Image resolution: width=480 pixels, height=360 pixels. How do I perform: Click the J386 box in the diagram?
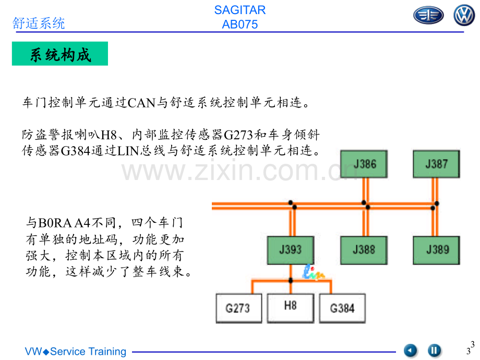[364, 164]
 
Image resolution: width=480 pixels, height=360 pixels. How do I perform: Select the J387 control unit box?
[436, 164]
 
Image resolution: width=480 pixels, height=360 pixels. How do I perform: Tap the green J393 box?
[291, 250]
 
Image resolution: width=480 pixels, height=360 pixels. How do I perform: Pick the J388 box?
[364, 250]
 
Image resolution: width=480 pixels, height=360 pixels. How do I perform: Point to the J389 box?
[436, 250]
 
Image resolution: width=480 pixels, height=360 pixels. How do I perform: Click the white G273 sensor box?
[239, 308]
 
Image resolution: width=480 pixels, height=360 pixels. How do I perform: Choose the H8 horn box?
[291, 308]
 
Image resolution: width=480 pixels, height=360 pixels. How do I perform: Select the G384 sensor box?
[342, 308]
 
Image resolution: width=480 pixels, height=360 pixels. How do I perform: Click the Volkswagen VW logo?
[464, 15]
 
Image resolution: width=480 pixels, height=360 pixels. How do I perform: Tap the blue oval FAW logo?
[428, 15]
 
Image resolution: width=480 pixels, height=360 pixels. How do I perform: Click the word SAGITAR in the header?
[239, 10]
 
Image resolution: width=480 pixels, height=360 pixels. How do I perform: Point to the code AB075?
[239, 25]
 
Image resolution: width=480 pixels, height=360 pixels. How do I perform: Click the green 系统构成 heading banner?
[60, 54]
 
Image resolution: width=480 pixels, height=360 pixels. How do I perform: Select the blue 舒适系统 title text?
[39, 23]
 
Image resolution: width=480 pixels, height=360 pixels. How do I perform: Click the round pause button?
[434, 350]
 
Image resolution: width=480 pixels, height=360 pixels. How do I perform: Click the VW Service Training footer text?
[76, 352]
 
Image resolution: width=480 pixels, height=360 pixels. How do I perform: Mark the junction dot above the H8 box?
[291, 280]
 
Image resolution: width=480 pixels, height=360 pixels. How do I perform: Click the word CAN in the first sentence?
[141, 103]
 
